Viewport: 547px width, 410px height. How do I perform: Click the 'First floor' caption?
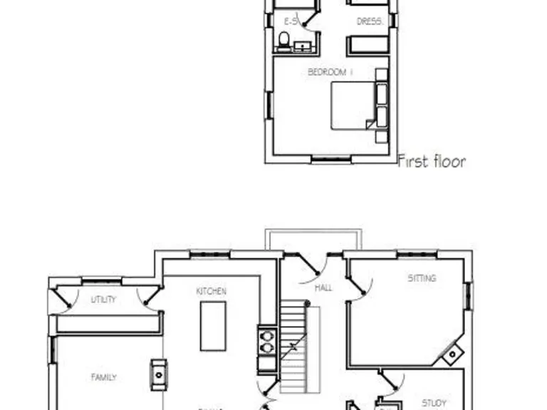(x=432, y=161)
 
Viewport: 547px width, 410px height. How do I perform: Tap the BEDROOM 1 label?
(x=330, y=72)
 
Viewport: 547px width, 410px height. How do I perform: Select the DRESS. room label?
(x=369, y=22)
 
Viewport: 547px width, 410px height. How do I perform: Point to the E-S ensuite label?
(x=290, y=22)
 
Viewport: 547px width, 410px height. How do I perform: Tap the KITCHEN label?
(x=212, y=291)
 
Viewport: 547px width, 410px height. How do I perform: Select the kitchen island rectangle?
(x=213, y=325)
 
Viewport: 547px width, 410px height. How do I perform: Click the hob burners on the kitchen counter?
(x=266, y=341)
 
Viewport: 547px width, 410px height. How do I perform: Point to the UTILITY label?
(x=103, y=300)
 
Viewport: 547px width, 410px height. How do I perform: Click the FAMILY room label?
(x=104, y=377)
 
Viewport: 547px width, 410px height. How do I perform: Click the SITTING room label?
(x=422, y=278)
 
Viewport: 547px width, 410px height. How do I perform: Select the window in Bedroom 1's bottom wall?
(x=331, y=159)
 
